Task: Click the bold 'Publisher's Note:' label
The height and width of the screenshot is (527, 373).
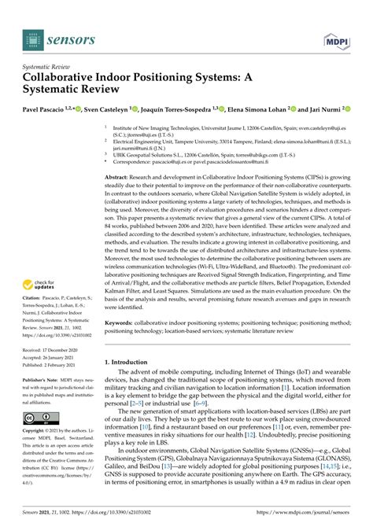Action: click(x=42, y=379)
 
